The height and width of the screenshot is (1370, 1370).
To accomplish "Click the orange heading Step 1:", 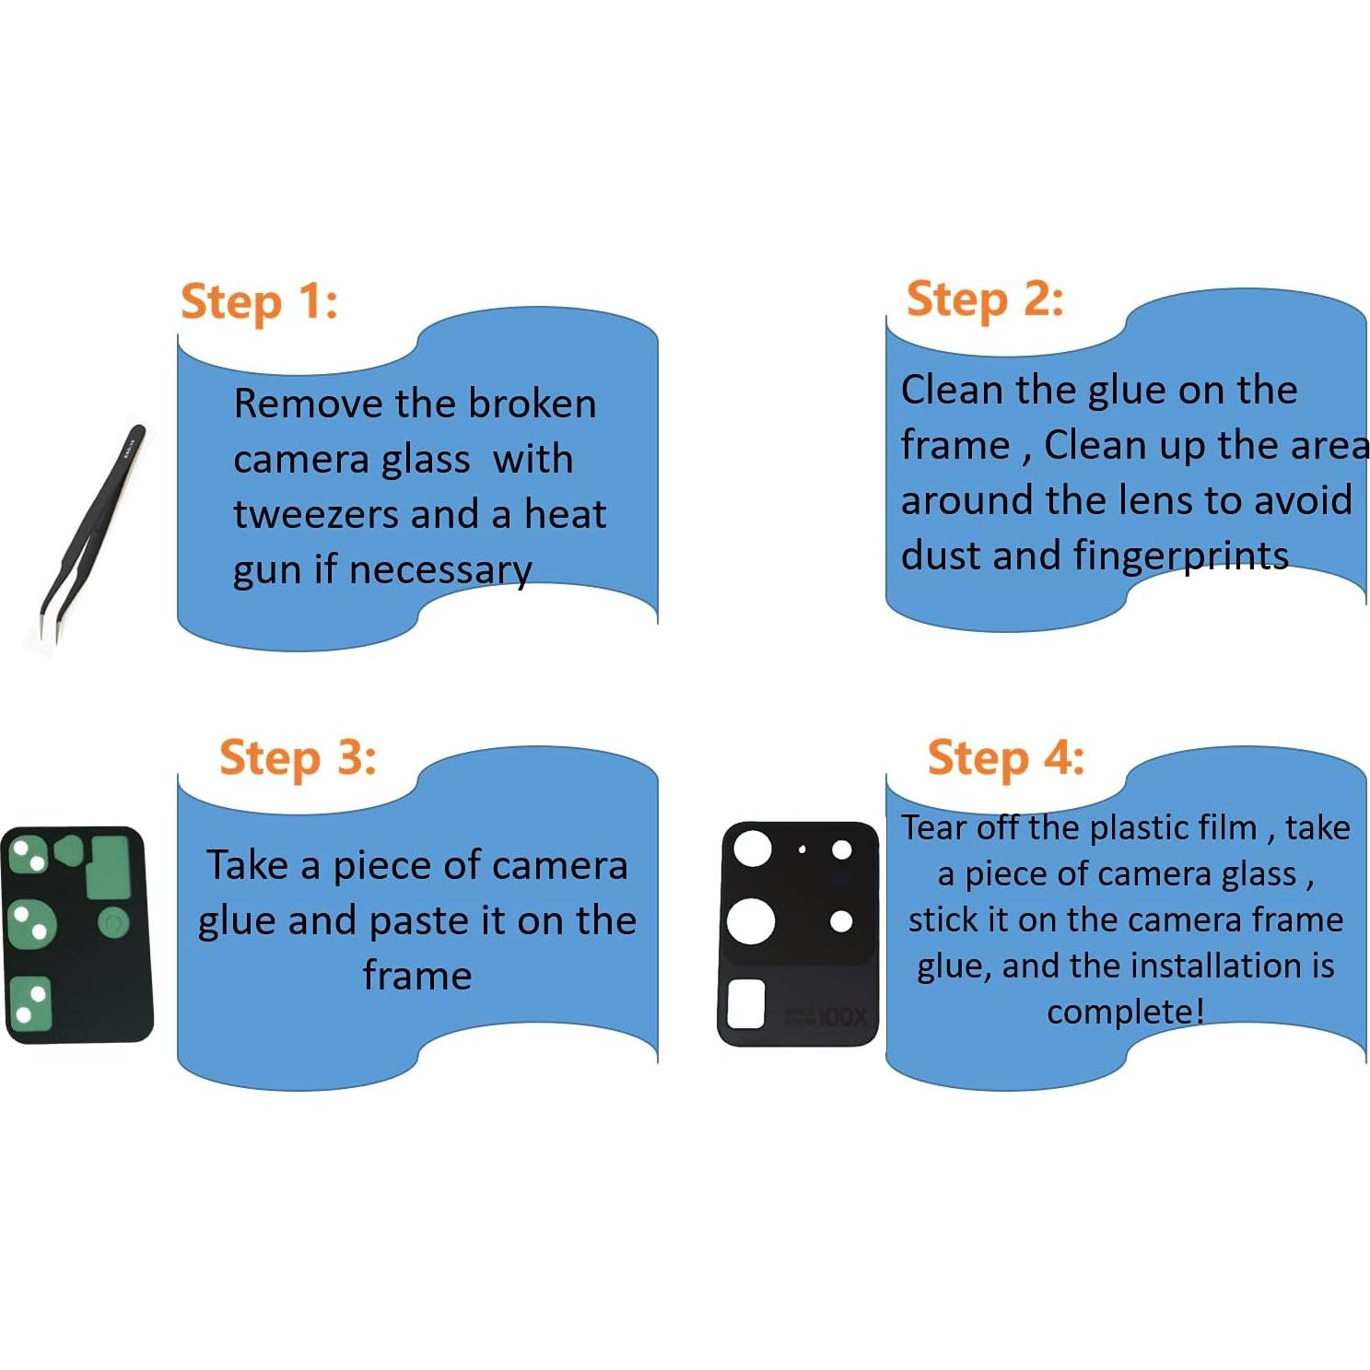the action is [259, 302].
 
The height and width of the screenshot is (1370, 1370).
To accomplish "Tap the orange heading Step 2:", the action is [985, 300].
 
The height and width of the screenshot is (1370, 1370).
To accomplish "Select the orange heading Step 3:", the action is [298, 758].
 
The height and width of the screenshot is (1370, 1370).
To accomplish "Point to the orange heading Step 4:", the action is [1006, 758].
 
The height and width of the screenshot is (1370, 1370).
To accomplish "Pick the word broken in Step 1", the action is [532, 404].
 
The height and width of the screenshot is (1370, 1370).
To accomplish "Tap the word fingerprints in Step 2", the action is [1181, 556].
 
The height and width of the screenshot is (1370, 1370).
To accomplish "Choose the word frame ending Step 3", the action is [417, 975].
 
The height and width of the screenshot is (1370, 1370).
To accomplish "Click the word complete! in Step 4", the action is [1126, 1012].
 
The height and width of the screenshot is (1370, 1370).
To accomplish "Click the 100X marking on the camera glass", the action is [842, 1017].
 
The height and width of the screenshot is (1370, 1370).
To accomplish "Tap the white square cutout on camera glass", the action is [746, 1004].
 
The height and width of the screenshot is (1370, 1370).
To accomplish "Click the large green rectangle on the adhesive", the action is [107, 867].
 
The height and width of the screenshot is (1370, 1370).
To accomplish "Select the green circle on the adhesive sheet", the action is [112, 922].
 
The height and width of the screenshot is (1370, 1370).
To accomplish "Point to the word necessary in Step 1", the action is [440, 570].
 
